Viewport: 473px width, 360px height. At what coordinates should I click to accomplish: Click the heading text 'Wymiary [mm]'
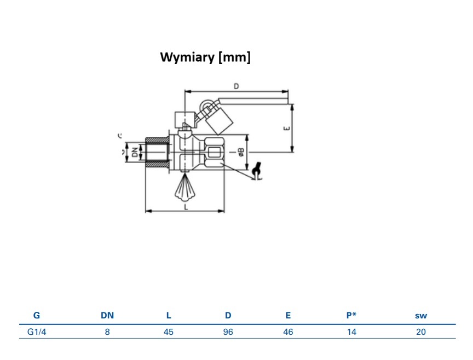(x=205, y=57)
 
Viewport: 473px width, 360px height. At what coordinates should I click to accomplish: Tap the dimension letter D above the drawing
(x=236, y=86)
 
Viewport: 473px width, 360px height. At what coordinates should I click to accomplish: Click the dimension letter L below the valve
(x=186, y=207)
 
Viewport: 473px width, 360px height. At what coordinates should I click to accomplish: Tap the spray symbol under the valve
(x=184, y=189)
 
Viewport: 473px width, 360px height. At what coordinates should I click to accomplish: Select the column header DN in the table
(x=107, y=315)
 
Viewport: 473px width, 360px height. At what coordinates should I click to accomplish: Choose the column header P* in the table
(x=351, y=315)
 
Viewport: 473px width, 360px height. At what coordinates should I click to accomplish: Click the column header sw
(x=421, y=315)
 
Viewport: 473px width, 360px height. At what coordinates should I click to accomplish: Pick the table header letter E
(x=288, y=315)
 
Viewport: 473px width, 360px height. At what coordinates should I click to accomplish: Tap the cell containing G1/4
(x=37, y=332)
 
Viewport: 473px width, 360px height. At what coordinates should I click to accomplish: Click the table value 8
(x=107, y=332)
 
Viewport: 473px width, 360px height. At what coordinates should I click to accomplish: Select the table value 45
(x=169, y=332)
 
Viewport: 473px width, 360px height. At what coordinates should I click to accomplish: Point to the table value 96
(x=228, y=332)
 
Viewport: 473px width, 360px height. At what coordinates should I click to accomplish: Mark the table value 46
(x=288, y=332)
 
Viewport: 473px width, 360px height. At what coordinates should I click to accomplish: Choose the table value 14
(x=351, y=332)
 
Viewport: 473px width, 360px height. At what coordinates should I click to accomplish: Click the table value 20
(x=421, y=332)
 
